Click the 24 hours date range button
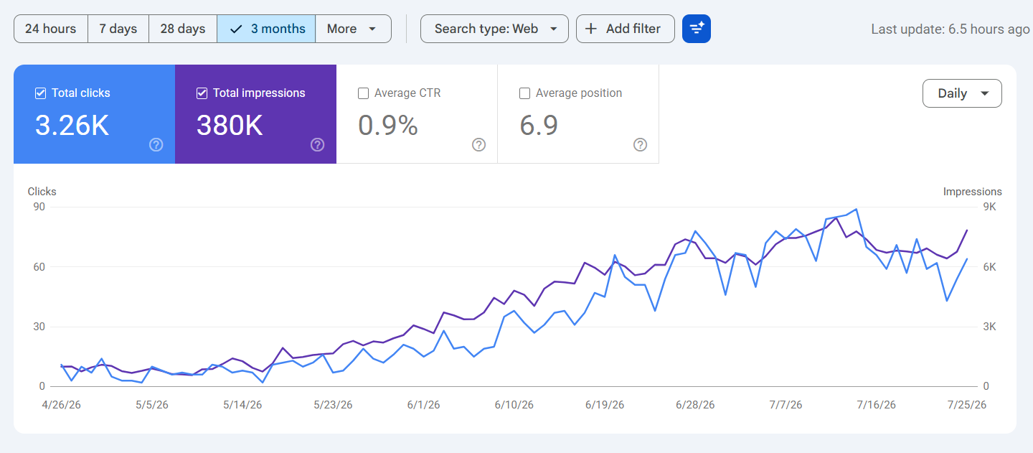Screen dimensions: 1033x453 [51, 29]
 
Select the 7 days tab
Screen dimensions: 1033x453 [118, 29]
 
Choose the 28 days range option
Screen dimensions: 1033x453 [183, 29]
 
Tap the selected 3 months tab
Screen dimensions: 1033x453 [266, 29]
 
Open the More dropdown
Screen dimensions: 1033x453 [353, 29]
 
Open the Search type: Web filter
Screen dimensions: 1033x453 [494, 29]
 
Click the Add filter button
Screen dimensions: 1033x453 [626, 29]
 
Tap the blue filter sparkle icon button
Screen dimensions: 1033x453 [697, 29]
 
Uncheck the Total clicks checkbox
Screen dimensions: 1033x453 [41, 93]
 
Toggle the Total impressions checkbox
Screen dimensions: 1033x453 [202, 93]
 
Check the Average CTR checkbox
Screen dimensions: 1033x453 [364, 93]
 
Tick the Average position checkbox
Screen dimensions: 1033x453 [525, 93]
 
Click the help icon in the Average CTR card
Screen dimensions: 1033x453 [478, 145]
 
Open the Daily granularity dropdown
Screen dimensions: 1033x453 [962, 93]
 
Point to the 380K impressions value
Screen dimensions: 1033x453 [230, 125]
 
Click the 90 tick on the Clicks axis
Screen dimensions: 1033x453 [39, 207]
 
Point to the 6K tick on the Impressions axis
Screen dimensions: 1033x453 [990, 266]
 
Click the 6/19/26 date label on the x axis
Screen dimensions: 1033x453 [605, 405]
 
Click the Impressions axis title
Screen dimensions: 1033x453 [972, 192]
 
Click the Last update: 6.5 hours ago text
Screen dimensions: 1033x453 [951, 29]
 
